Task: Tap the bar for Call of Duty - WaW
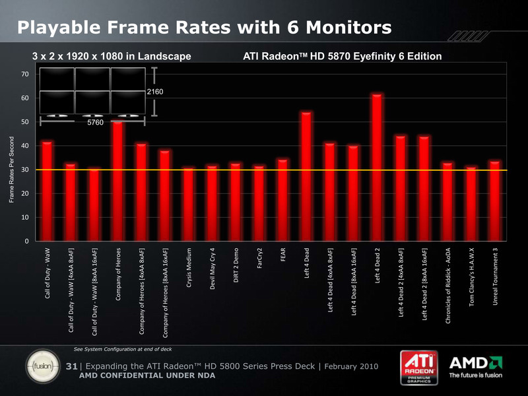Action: [x=47, y=191]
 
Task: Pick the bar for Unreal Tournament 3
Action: [x=495, y=201]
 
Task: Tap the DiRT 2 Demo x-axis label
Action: [x=236, y=266]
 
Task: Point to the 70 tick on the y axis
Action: [x=24, y=75]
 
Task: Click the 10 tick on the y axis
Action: [x=24, y=217]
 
